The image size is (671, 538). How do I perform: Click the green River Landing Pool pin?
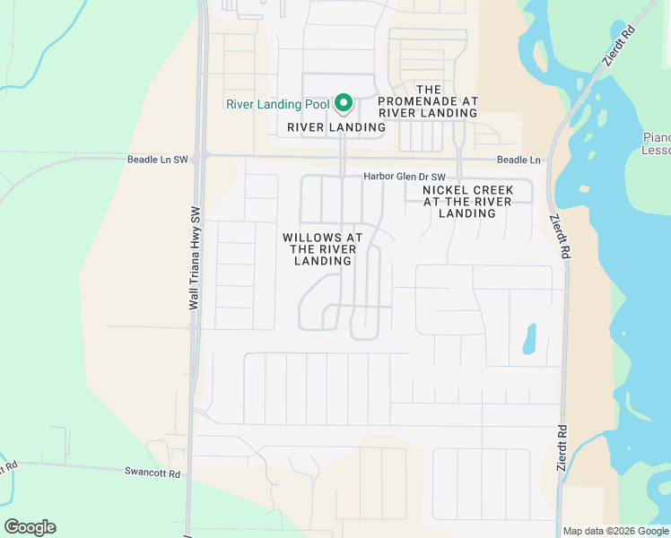343,103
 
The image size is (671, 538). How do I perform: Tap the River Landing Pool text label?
277,104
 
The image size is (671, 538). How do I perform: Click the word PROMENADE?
428,101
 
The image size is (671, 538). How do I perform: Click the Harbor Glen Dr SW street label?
404,176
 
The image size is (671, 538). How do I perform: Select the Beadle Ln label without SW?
519,161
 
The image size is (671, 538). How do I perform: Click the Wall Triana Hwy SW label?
194,258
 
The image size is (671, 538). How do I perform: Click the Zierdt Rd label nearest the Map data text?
562,447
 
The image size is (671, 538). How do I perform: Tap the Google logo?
30,527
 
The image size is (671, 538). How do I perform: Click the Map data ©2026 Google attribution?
616,531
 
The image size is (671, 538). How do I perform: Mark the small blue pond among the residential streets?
529,338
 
